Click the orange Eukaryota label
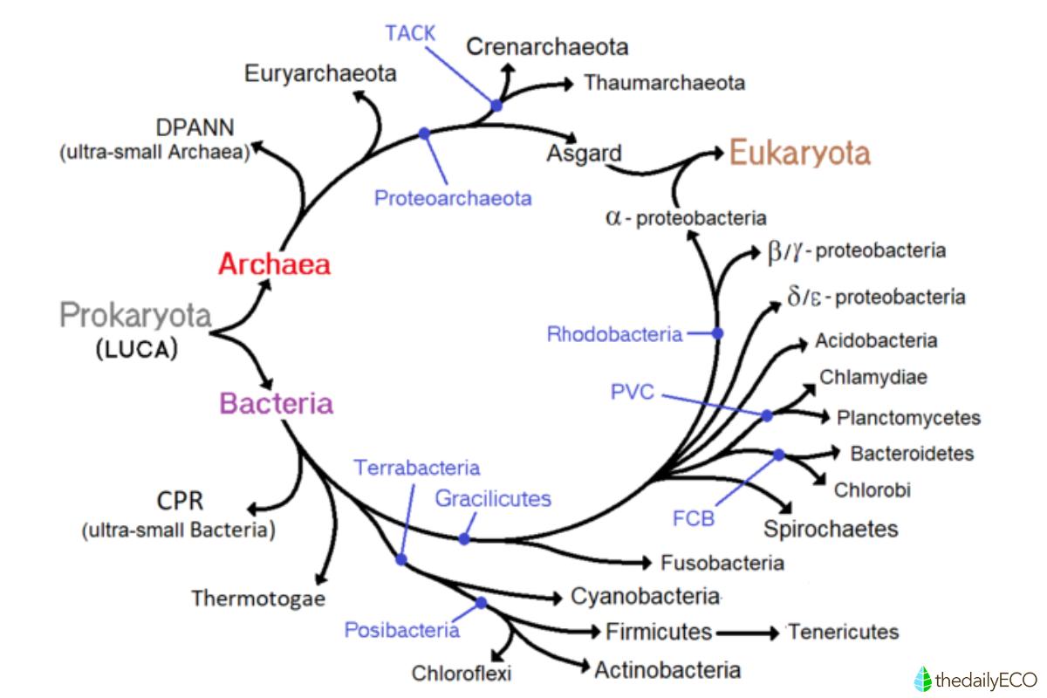pyautogui.click(x=799, y=154)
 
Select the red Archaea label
pyautogui.click(x=275, y=264)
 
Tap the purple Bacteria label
pyautogui.click(x=276, y=403)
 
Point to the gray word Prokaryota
pyautogui.click(x=135, y=315)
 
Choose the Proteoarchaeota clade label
pyautogui.click(x=453, y=197)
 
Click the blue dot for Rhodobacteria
pyautogui.click(x=718, y=333)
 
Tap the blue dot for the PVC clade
pyautogui.click(x=767, y=416)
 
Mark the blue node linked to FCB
pyautogui.click(x=778, y=454)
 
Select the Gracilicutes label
pyautogui.click(x=493, y=499)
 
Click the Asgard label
pyautogui.click(x=584, y=154)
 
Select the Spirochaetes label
pyautogui.click(x=831, y=529)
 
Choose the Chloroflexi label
pyautogui.click(x=462, y=673)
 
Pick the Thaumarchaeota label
pyautogui.click(x=664, y=83)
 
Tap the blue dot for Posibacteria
pyautogui.click(x=481, y=603)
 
